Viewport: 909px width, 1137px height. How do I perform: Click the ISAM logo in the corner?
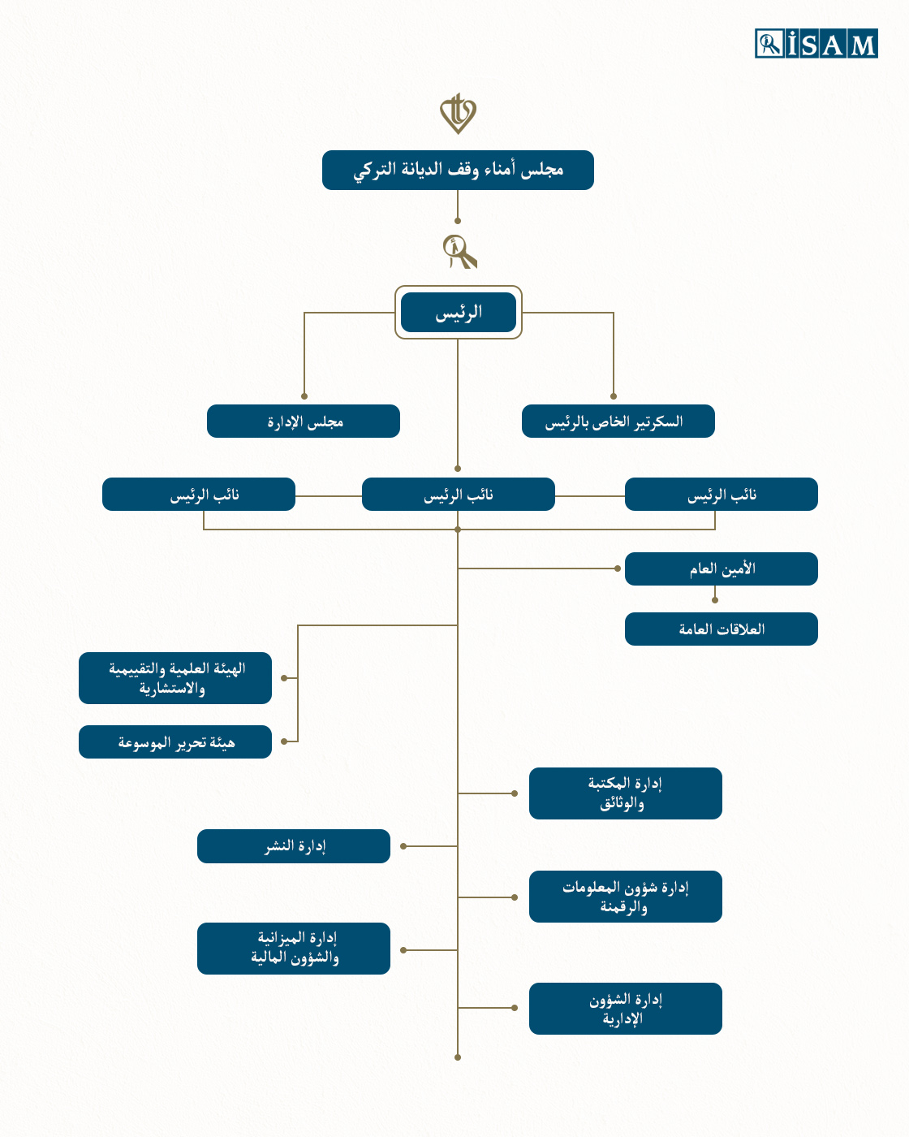click(816, 43)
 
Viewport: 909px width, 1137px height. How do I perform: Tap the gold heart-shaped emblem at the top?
click(458, 114)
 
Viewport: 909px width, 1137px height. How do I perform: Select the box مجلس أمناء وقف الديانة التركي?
click(458, 170)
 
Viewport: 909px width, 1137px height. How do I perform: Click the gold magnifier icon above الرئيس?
click(459, 252)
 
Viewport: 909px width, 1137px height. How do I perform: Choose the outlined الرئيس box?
click(459, 312)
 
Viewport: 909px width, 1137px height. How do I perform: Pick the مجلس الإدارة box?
click(304, 421)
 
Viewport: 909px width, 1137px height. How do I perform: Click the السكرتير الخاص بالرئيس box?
click(618, 421)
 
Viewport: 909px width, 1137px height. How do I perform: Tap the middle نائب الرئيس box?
click(458, 494)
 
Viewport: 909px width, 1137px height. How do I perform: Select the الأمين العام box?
click(721, 568)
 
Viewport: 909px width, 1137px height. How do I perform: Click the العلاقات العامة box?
click(721, 629)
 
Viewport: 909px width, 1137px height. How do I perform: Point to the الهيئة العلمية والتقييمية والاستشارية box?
click(175, 678)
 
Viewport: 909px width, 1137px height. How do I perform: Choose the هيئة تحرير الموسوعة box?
click(175, 741)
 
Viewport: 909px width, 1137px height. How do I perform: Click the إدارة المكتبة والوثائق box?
click(626, 793)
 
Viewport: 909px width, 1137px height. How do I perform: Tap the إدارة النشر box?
click(294, 846)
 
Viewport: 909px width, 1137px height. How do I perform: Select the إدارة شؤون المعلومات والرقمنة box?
click(626, 897)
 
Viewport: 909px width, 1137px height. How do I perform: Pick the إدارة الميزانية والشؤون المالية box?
click(294, 949)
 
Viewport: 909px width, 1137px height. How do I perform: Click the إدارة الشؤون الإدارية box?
click(626, 1009)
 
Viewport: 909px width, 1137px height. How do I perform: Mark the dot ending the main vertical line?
click(458, 1057)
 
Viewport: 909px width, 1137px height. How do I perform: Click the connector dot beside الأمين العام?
click(618, 568)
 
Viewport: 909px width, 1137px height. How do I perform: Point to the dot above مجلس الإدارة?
click(304, 396)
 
